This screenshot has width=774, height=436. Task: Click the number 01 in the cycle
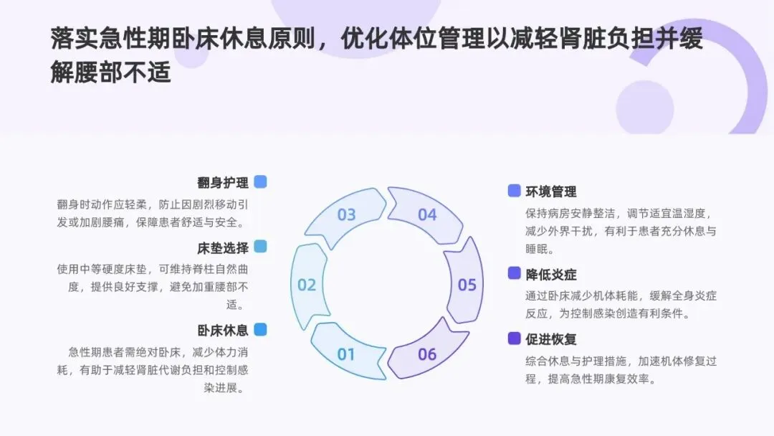tap(346, 354)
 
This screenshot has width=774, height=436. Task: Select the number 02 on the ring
tap(307, 285)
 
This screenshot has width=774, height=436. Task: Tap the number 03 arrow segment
tap(347, 214)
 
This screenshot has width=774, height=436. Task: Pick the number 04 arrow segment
tap(427, 214)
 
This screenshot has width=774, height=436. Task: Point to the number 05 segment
tap(467, 285)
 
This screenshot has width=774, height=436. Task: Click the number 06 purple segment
tap(427, 354)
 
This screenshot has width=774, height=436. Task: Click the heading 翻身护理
tap(223, 182)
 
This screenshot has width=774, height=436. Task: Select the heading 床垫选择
tap(223, 248)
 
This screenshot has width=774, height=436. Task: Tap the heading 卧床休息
tap(223, 330)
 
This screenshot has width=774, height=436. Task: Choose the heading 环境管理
tap(551, 191)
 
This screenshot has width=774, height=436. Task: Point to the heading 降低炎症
tap(551, 274)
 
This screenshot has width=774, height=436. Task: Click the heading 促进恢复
tap(551, 339)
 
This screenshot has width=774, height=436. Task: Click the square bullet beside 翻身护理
tap(260, 182)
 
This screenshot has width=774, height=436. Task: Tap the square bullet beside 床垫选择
tap(260, 247)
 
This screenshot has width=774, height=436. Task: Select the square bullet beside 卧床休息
tap(260, 329)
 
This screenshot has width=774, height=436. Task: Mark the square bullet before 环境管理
tap(514, 191)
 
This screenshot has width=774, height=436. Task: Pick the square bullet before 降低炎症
tap(514, 273)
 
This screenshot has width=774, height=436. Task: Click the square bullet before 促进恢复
tap(514, 338)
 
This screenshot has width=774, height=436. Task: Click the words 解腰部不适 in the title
tap(111, 72)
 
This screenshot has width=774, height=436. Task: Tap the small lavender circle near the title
tap(644, 108)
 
